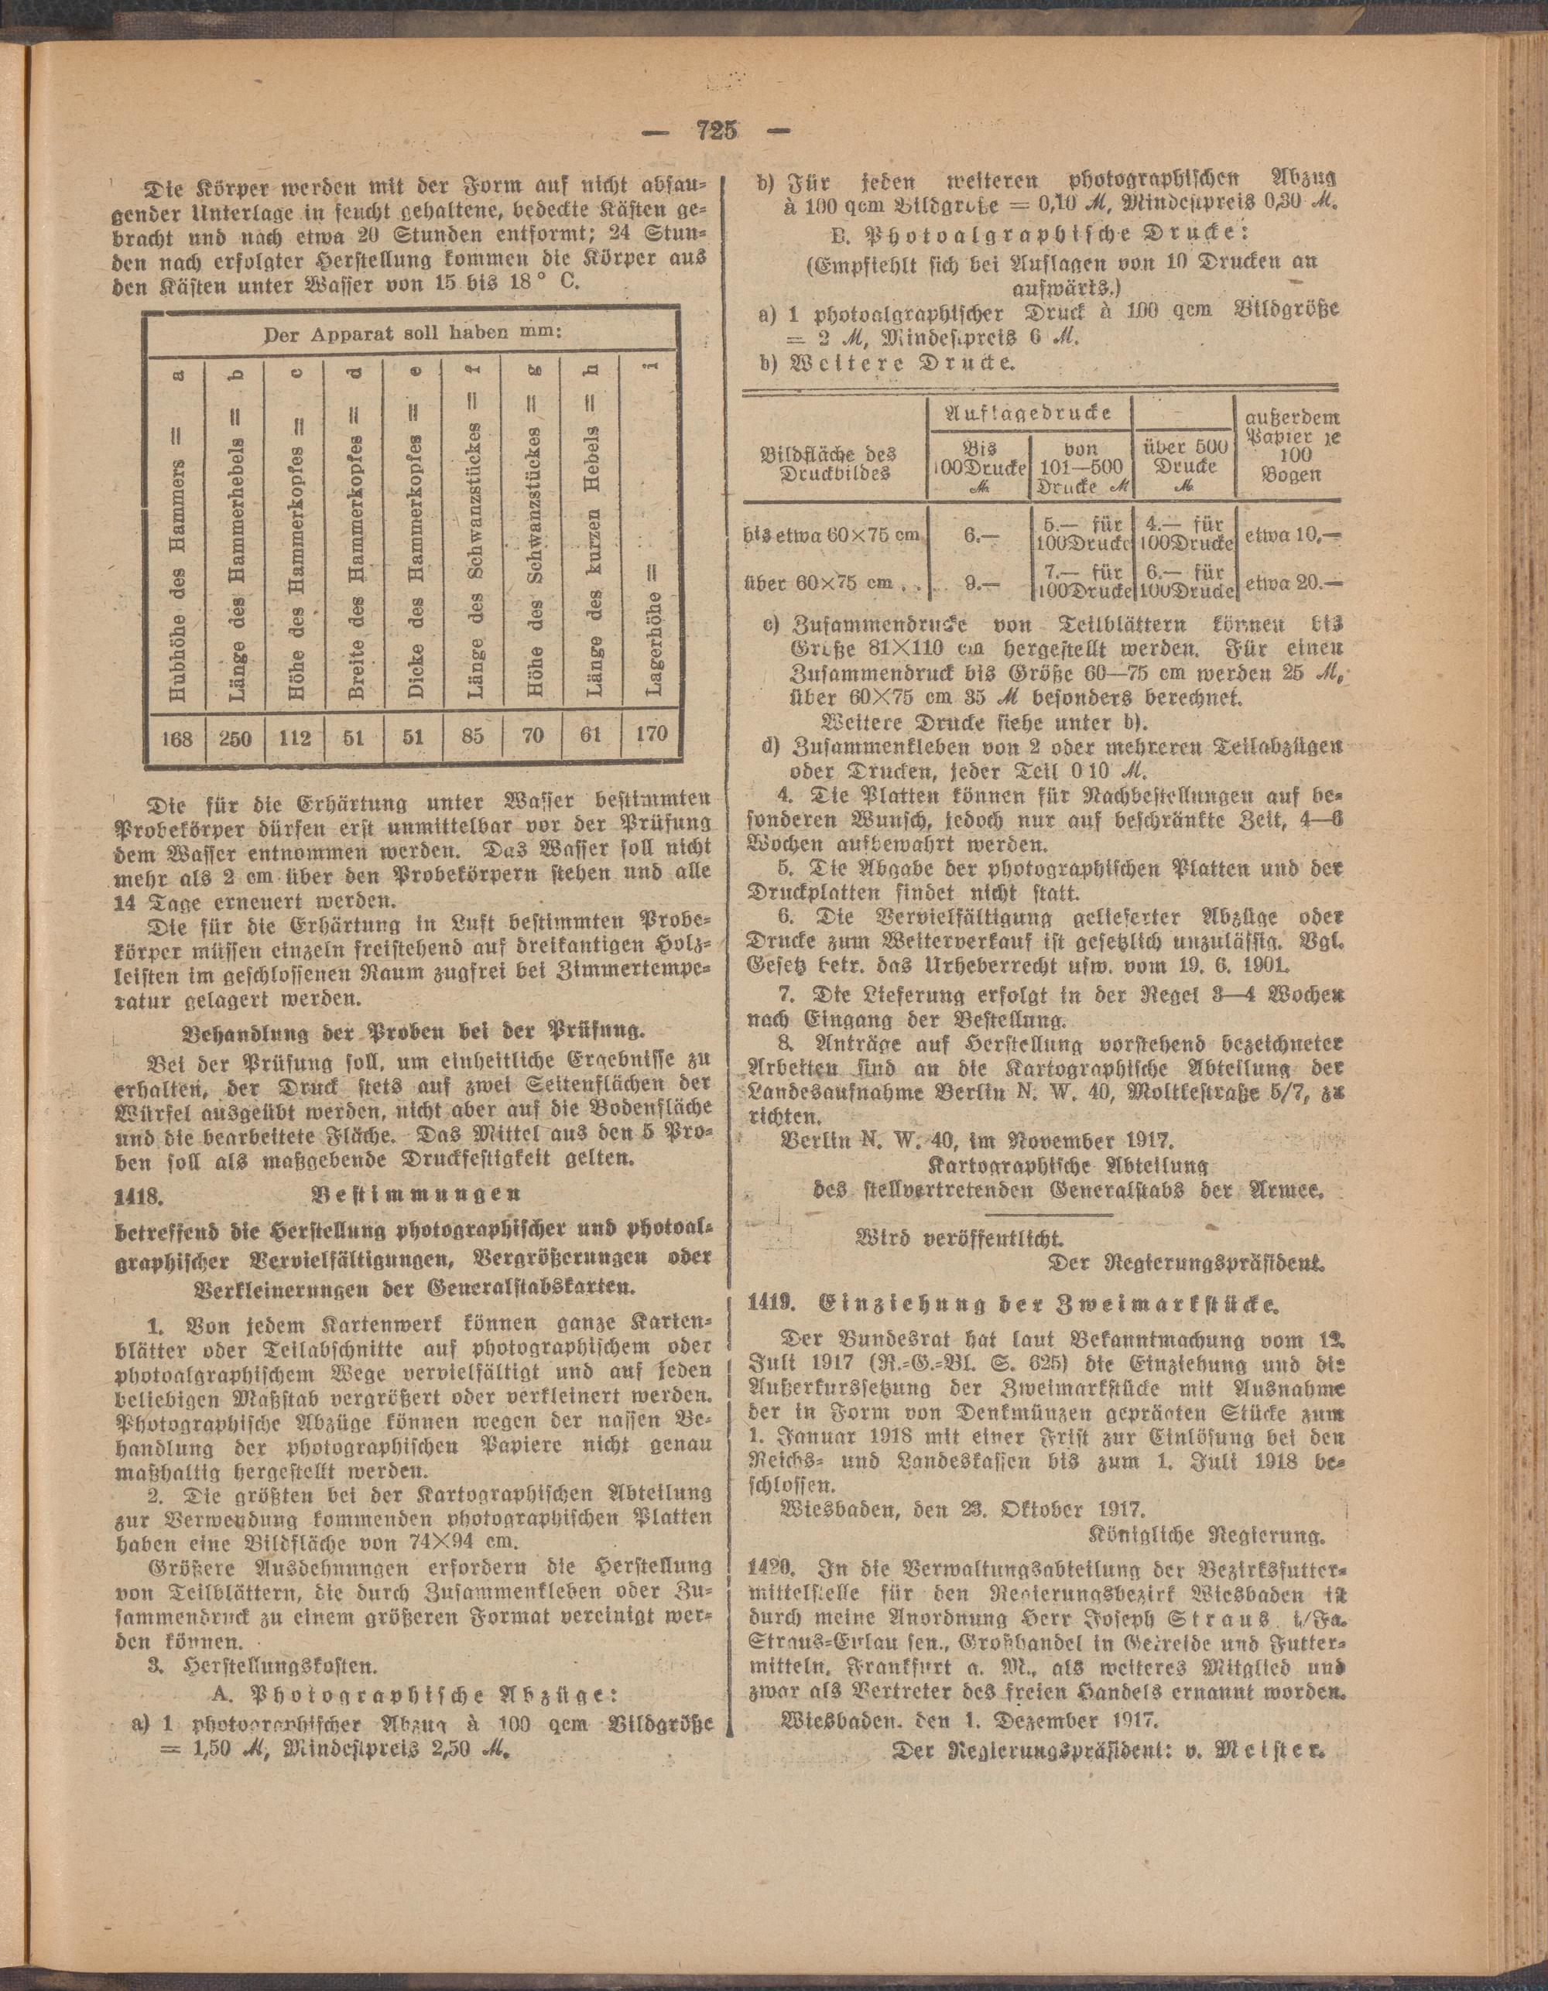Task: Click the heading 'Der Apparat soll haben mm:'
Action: coord(413,334)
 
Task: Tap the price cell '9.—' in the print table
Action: coord(978,580)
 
